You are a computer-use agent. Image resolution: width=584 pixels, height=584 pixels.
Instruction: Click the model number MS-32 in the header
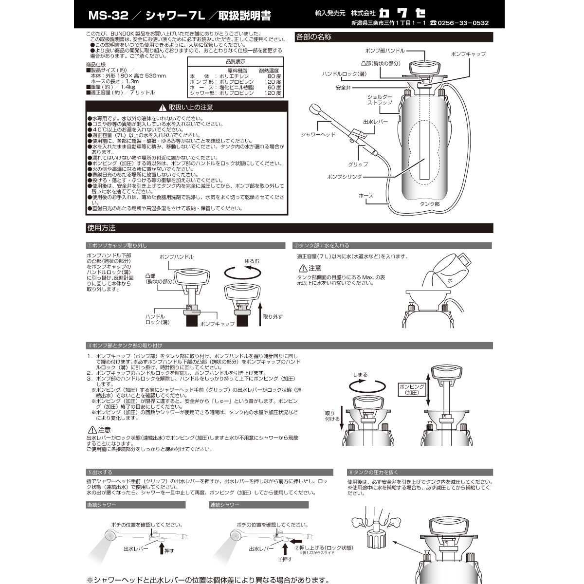pyautogui.click(x=107, y=16)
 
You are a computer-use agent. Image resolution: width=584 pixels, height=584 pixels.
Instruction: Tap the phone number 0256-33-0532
pyautogui.click(x=462, y=23)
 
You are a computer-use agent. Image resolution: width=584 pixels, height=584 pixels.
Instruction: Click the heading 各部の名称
pyautogui.click(x=314, y=36)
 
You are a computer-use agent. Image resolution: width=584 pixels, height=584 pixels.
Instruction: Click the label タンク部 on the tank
pyautogui.click(x=429, y=204)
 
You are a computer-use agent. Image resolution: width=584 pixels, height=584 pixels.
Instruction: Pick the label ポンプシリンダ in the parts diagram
pyautogui.click(x=345, y=177)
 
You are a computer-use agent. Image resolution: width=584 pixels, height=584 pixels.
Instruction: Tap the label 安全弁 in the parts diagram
pyautogui.click(x=343, y=88)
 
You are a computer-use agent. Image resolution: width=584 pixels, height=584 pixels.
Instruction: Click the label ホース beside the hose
pyautogui.click(x=366, y=196)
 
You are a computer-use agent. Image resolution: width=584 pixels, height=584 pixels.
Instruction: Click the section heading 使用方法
pyautogui.click(x=101, y=228)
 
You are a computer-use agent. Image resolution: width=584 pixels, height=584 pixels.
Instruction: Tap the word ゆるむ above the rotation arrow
pyautogui.click(x=252, y=261)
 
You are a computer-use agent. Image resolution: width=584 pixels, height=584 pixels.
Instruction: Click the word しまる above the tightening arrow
pyautogui.click(x=360, y=375)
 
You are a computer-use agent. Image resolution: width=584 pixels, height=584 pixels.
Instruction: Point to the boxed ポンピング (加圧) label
pyautogui.click(x=411, y=389)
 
